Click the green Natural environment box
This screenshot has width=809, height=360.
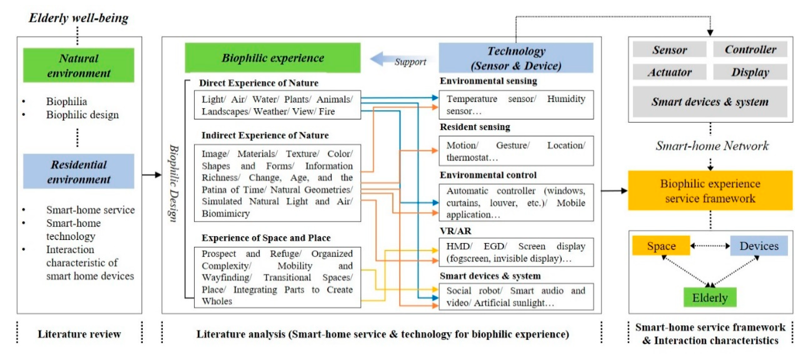78,65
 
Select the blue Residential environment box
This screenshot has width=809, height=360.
78,171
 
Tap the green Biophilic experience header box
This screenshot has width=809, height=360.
273,58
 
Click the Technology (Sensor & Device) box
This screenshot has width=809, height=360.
516,58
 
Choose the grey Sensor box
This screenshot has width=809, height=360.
669,50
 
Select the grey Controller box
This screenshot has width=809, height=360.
750,49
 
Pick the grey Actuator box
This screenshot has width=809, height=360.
669,72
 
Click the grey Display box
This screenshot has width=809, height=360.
750,72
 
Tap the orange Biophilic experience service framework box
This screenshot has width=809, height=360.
710,190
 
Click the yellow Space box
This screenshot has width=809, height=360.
661,246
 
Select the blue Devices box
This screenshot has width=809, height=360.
759,246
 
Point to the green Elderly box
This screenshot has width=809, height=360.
710,297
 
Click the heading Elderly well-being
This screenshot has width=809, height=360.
78,18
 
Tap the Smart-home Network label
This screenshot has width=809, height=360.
712,146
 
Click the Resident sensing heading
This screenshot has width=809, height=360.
475,127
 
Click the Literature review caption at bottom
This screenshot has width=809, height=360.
79,334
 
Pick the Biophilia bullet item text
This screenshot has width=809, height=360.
67,101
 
